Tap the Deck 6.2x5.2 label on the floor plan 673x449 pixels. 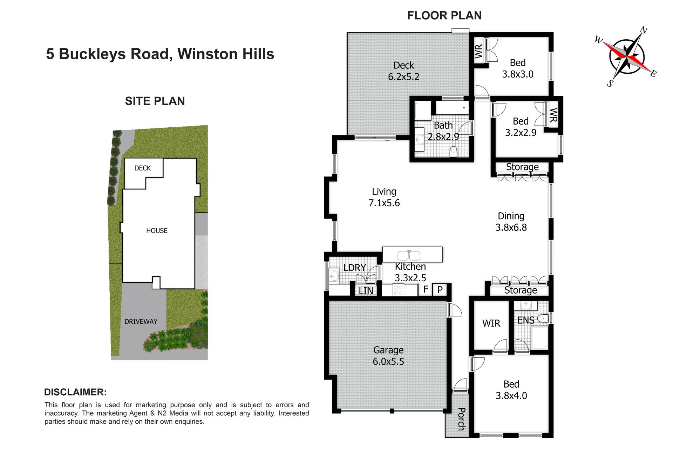[403, 71]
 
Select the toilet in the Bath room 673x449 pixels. [454, 152]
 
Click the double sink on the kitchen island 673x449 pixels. [409, 255]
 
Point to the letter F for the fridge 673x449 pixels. [426, 289]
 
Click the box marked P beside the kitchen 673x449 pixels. [440, 290]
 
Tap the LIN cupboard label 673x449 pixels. [366, 291]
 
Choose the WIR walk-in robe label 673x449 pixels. [491, 323]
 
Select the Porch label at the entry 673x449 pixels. [461, 419]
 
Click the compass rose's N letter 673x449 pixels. [644, 30]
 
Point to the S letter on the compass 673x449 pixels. [610, 83]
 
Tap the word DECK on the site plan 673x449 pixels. [142, 168]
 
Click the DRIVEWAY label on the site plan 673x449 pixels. [141, 321]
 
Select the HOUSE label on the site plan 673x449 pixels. [157, 230]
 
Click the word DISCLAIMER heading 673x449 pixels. [75, 392]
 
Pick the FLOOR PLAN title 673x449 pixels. [444, 15]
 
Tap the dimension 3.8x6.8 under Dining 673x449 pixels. [511, 227]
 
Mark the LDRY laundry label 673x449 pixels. [355, 268]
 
